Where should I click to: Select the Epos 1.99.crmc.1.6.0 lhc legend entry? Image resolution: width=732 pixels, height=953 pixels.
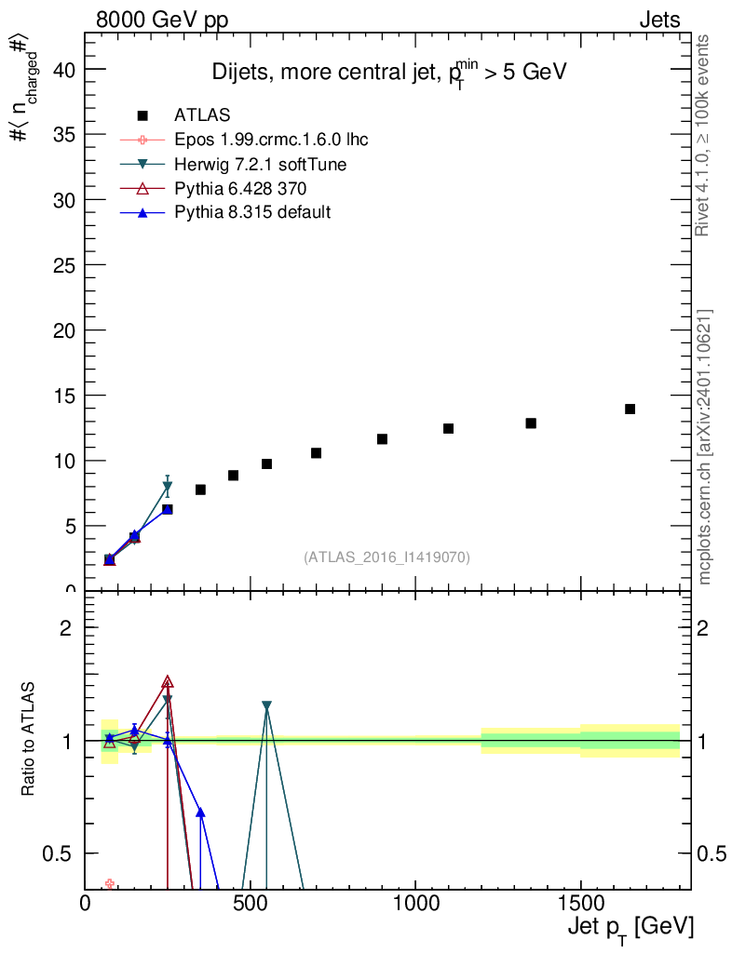(271, 140)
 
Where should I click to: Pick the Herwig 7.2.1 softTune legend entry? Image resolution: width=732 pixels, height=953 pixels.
(261, 164)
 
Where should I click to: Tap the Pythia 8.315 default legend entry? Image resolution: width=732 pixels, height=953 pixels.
(252, 212)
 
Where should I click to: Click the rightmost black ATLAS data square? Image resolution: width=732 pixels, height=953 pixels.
(630, 409)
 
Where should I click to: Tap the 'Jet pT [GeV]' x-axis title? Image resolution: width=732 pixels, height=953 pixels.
(630, 929)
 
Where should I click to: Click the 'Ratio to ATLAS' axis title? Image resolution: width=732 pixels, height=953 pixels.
(29, 740)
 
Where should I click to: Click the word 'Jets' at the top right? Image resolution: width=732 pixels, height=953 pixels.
(658, 20)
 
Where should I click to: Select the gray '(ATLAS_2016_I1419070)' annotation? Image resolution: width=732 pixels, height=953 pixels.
(386, 557)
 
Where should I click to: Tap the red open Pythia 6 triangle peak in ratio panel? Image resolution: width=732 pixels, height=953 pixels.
(168, 682)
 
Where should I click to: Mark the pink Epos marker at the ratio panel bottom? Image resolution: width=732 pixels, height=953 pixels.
(110, 883)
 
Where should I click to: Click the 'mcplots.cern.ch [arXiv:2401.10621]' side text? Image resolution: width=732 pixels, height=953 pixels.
(705, 447)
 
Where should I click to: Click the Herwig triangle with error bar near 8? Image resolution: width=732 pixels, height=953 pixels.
(168, 486)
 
